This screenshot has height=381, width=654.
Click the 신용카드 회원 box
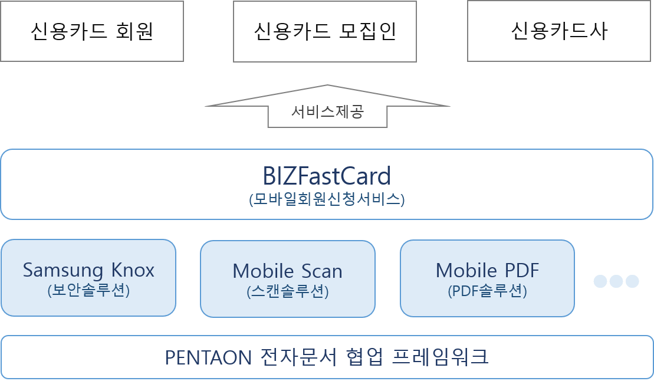coord(91,31)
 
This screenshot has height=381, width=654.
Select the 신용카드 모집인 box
coord(325,31)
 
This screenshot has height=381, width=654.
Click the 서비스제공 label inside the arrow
coord(328,111)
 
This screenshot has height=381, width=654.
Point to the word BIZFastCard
coord(327,176)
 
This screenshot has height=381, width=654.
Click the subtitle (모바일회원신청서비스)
coord(327,199)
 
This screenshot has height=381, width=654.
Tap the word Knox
coord(133,270)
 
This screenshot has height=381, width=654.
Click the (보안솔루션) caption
coord(88,290)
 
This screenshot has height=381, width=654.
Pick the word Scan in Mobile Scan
coord(322,271)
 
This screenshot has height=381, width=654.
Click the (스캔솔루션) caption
coord(287,291)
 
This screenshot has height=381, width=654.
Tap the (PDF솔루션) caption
coord(487,290)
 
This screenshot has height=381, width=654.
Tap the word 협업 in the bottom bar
coord(362,357)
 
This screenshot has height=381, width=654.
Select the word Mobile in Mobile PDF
coord(462,270)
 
